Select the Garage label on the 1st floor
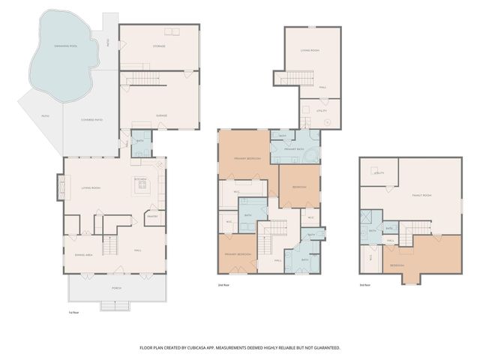tap(160, 115)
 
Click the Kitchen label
tap(140, 179)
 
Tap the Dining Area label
tap(83, 256)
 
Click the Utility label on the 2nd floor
tap(321, 110)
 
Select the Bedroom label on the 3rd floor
tap(397, 265)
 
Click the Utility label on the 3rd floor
tap(379, 172)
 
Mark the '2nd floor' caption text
tap(222, 286)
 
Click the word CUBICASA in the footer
tap(227, 348)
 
